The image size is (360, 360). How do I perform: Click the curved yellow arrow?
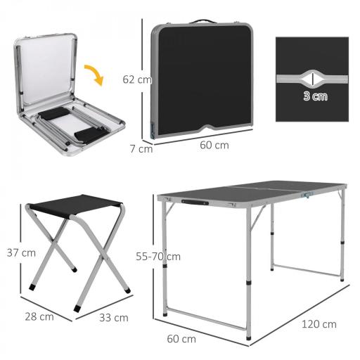(x=94, y=73)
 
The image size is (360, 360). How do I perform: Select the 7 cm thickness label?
(x=141, y=148)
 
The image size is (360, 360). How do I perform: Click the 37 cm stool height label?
(x=21, y=252)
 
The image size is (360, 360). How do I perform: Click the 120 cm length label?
(x=319, y=324)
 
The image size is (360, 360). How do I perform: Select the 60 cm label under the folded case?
(x=214, y=146)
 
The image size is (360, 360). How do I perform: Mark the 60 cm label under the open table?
(x=181, y=339)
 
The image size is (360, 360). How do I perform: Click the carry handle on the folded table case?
(x=204, y=22)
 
